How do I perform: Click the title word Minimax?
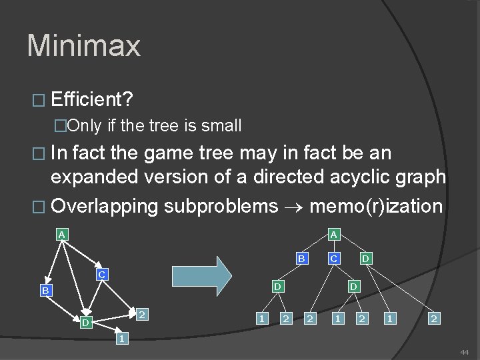point(84,46)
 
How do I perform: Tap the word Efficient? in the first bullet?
point(92,100)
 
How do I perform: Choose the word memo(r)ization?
point(376,205)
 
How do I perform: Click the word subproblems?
point(221,205)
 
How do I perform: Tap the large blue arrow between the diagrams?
point(201,275)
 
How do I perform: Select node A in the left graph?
point(61,234)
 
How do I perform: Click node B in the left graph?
point(45,291)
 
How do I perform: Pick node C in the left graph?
point(101,274)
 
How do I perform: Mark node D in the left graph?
point(85,323)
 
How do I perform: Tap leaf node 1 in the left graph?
point(121,339)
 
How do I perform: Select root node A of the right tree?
point(333,234)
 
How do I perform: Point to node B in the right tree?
point(301,258)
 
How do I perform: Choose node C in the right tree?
point(334,258)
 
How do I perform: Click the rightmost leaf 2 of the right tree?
point(434,319)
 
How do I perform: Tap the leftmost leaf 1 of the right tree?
point(263,319)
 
